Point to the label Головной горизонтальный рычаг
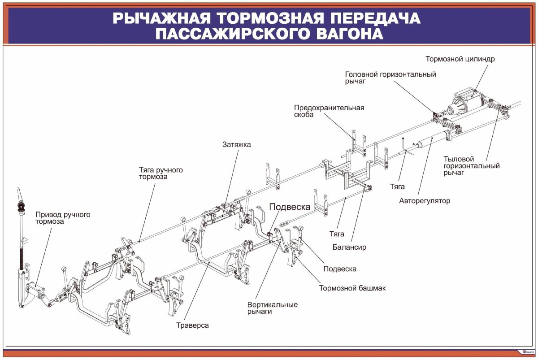[x=390, y=78]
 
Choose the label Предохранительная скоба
[x=329, y=111]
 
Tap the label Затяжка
[x=236, y=145]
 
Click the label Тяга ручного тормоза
[x=161, y=173]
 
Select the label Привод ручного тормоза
[x=63, y=218]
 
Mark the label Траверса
[x=192, y=325]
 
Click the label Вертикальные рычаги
[x=272, y=308]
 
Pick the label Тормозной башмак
[x=352, y=288]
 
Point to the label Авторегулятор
[x=424, y=201]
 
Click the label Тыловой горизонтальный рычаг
[x=471, y=166]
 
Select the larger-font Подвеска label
[x=290, y=207]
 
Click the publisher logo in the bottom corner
[x=528, y=351]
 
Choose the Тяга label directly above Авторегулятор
[x=397, y=187]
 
